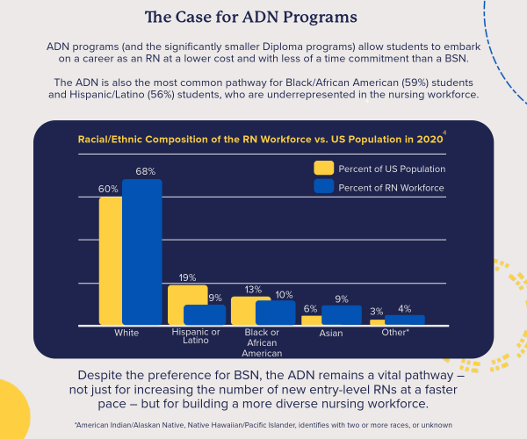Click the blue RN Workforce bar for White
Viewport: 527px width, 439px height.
tap(142, 252)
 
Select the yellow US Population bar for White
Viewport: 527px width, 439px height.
tap(111, 261)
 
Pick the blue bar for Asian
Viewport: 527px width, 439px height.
tap(342, 315)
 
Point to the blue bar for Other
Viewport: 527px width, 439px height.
tap(405, 320)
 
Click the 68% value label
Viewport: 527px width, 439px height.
tap(146, 171)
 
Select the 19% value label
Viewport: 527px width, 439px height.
tap(187, 277)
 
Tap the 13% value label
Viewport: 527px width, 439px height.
tap(253, 289)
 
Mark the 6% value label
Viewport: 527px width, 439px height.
tap(310, 308)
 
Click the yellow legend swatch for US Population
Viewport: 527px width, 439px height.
tap(324, 168)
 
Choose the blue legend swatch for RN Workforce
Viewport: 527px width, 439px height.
tap(324, 186)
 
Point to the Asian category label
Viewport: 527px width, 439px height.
tap(331, 333)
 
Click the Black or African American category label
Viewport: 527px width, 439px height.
tap(262, 342)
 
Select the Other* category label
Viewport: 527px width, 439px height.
tap(395, 332)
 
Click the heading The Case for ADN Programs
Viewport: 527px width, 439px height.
tap(250, 17)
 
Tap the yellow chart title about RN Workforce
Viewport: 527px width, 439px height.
tap(261, 139)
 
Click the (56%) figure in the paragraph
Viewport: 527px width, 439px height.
tap(161, 94)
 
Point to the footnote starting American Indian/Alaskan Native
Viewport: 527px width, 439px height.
tap(263, 425)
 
